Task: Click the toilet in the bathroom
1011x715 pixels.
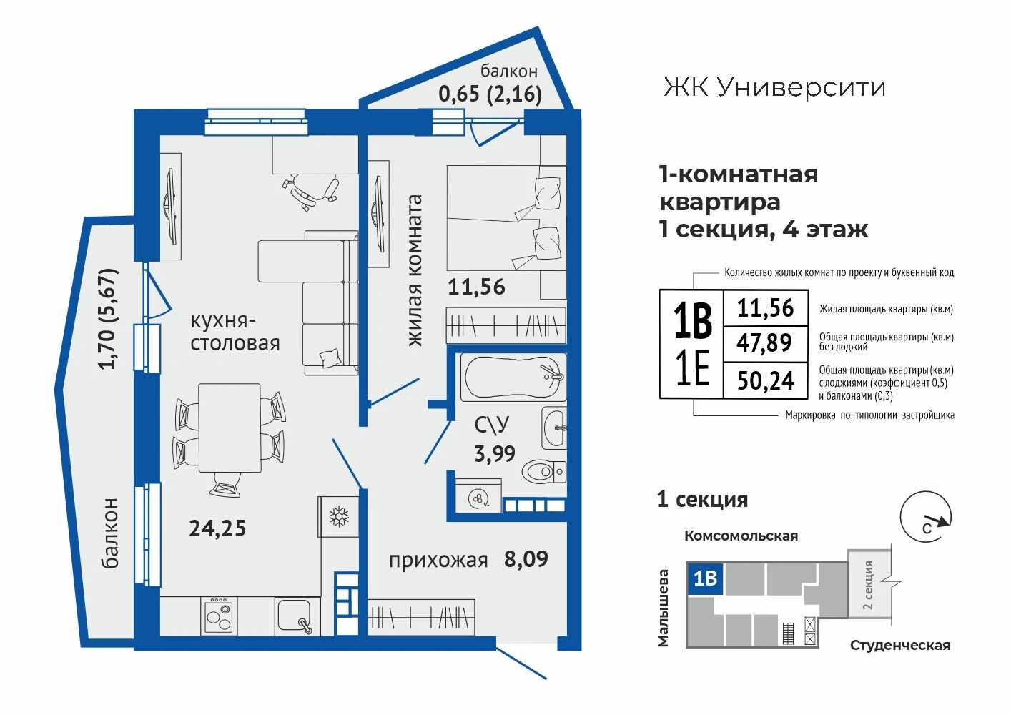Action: point(544,472)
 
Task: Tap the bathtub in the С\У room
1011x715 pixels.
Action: point(513,378)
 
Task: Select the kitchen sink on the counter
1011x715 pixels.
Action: point(295,616)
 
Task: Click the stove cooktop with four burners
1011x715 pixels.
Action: point(219,616)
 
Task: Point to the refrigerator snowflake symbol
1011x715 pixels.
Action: point(338,517)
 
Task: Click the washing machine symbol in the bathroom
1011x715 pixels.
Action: point(478,499)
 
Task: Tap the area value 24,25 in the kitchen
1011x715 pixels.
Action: point(217,528)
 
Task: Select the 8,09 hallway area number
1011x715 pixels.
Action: point(526,559)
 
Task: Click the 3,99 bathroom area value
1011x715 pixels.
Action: point(495,453)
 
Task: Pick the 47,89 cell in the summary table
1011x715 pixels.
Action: point(764,343)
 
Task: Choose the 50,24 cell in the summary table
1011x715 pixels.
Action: point(766,380)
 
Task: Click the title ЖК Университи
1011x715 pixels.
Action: point(774,87)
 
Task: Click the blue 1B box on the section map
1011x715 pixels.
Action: point(704,578)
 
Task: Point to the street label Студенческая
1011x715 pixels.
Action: point(900,646)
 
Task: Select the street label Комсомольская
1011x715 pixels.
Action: point(741,536)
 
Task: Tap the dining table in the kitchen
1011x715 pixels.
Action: point(230,428)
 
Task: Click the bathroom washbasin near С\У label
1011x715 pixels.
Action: point(554,427)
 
